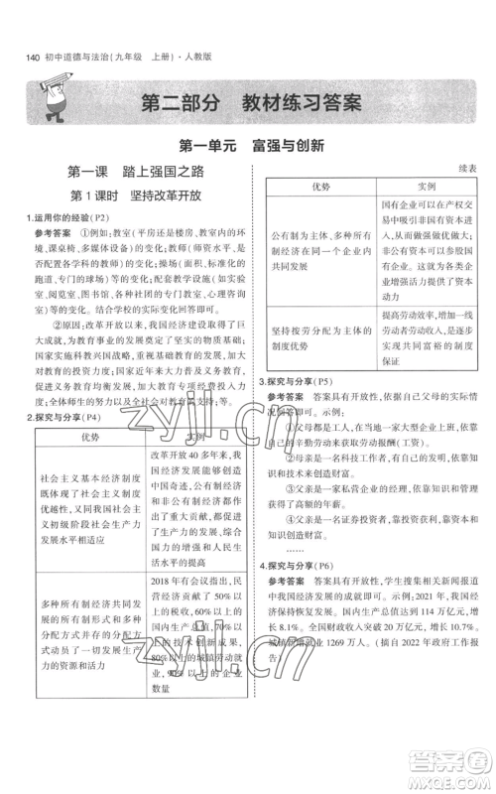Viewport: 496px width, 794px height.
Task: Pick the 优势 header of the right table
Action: pos(321,187)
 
